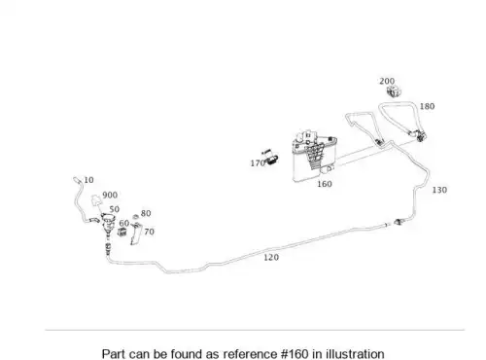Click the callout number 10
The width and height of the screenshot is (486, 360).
(x=88, y=180)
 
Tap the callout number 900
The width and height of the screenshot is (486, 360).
(x=110, y=196)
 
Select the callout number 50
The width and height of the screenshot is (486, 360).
(x=115, y=209)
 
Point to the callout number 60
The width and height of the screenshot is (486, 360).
(x=124, y=223)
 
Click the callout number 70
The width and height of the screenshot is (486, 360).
(x=149, y=232)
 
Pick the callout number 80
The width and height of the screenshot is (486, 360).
(x=146, y=213)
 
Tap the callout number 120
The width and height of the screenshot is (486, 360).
(x=271, y=258)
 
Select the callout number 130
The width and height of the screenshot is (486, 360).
(x=439, y=190)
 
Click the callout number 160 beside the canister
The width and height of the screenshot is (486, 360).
(x=325, y=184)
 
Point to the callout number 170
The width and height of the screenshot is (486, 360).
(x=258, y=163)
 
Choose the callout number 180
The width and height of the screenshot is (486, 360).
(x=427, y=106)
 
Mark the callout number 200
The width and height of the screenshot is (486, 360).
(x=387, y=81)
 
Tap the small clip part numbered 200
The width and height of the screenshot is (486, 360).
(x=394, y=91)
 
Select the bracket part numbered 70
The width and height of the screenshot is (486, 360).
(x=136, y=234)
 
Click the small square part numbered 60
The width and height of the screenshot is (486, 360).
(x=122, y=232)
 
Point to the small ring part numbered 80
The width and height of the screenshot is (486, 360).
(x=136, y=216)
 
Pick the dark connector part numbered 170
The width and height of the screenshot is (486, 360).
(x=271, y=160)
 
